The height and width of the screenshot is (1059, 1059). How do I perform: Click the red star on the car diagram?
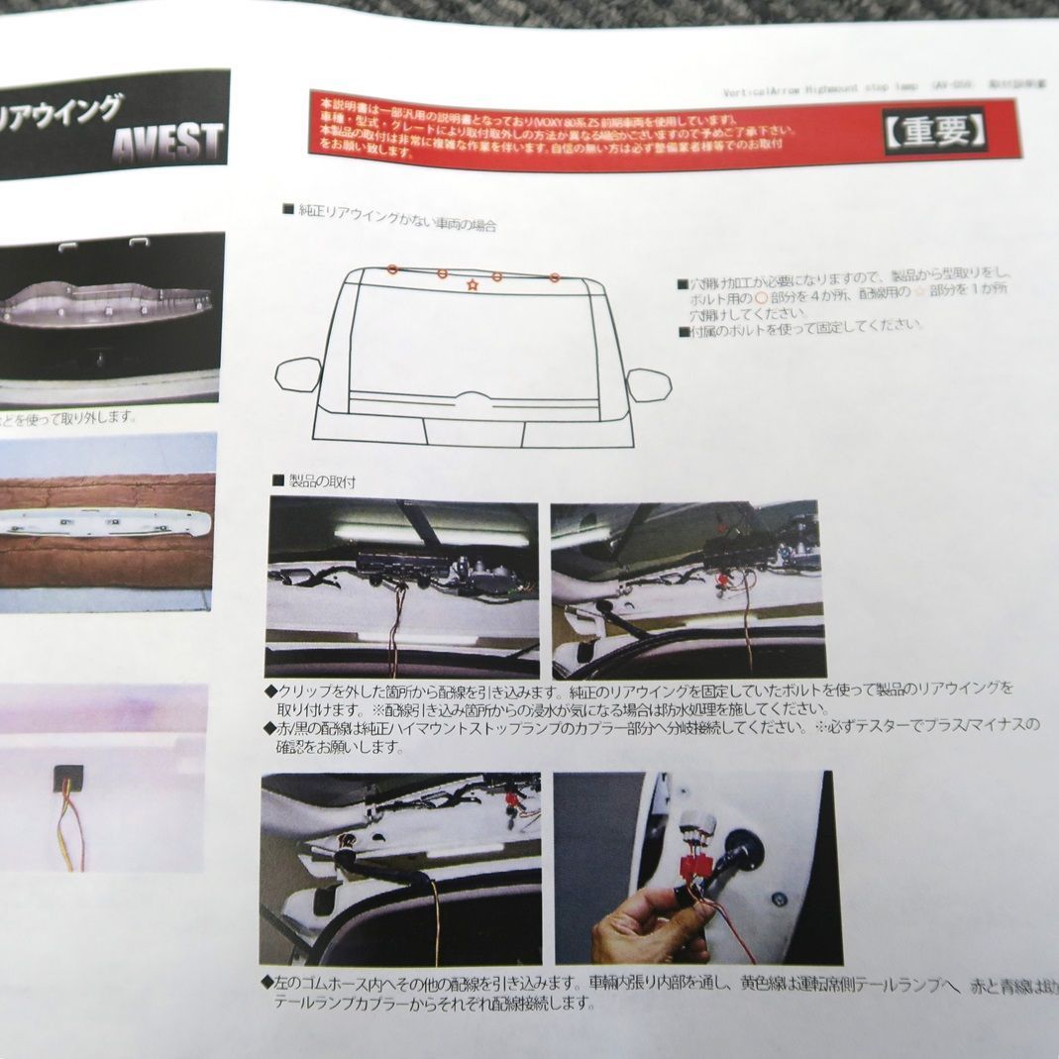pyautogui.click(x=472, y=286)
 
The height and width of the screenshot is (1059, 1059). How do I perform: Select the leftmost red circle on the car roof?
pyautogui.click(x=392, y=268)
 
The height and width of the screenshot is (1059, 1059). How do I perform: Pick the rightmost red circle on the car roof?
pyautogui.click(x=556, y=278)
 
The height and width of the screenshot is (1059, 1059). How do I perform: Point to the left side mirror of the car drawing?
pyautogui.click(x=297, y=374)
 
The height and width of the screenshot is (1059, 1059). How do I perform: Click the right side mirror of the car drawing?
pyautogui.click(x=648, y=384)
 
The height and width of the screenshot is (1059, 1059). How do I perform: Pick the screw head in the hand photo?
pyautogui.click(x=779, y=900)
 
